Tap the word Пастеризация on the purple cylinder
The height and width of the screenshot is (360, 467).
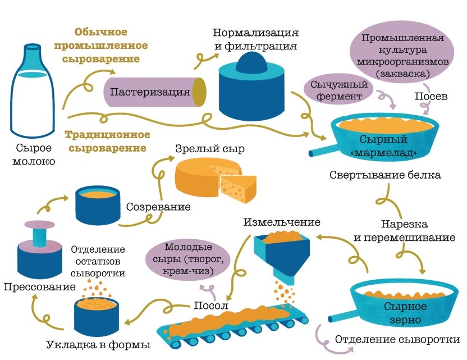149,91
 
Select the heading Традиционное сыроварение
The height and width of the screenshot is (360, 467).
107,142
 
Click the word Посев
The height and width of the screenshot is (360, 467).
431,97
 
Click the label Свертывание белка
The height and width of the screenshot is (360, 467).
385,175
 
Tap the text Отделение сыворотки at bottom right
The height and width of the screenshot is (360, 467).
397,340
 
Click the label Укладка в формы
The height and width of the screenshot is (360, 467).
98,344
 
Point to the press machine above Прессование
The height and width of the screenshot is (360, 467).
39,247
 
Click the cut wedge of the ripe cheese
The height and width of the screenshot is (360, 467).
237,188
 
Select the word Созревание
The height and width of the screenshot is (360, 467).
158,207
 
